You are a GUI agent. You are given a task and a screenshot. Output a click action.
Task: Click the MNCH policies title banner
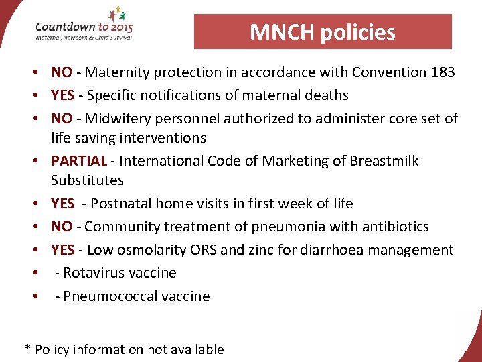pos(323,32)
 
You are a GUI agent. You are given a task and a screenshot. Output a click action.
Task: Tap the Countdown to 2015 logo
pos(84,27)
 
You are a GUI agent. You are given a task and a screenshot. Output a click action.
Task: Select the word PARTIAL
pos(79,161)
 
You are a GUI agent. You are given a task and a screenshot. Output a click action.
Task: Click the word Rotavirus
pos(93,273)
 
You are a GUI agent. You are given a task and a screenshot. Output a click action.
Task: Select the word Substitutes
pos(88,180)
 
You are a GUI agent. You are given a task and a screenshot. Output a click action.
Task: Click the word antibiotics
pos(394,227)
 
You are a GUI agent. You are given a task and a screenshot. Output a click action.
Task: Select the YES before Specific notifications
pos(63,95)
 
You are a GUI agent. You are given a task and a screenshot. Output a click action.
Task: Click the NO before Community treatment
pos(62,227)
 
